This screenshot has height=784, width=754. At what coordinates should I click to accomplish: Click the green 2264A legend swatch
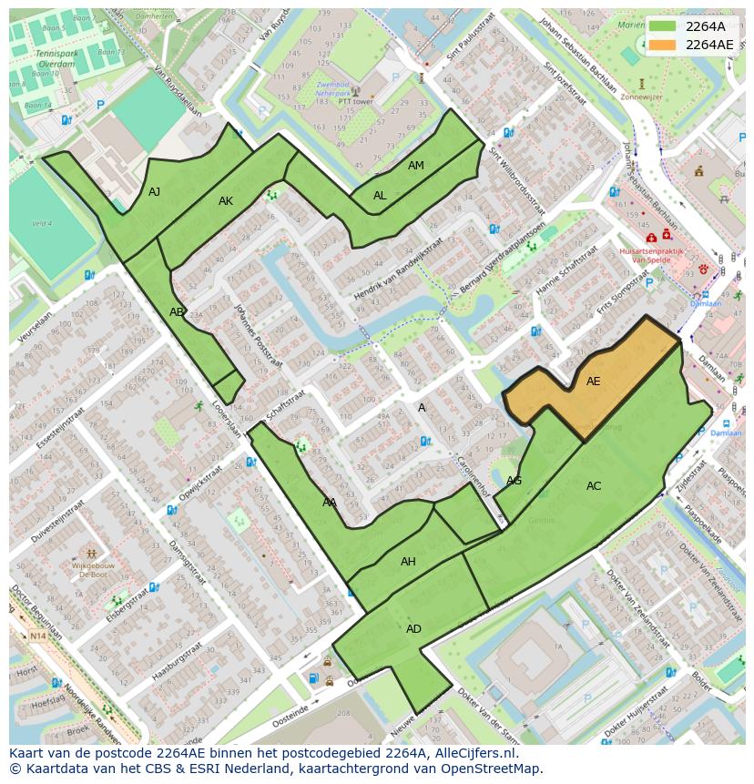pyautogui.click(x=664, y=26)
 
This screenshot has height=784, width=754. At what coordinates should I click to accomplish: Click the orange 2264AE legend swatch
pyautogui.click(x=664, y=45)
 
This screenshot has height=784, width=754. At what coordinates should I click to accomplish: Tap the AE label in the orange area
pyautogui.click(x=593, y=382)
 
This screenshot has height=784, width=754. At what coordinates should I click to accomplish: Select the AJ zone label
pyautogui.click(x=155, y=191)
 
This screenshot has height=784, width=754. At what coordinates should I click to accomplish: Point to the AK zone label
pyautogui.click(x=226, y=200)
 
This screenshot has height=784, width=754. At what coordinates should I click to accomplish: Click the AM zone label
pyautogui.click(x=415, y=166)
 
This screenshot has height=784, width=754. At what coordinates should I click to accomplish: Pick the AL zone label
pyautogui.click(x=380, y=196)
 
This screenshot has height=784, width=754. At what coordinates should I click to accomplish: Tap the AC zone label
pyautogui.click(x=594, y=486)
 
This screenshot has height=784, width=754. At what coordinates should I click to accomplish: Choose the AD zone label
pyautogui.click(x=413, y=629)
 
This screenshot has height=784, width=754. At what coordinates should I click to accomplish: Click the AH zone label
pyautogui.click(x=408, y=562)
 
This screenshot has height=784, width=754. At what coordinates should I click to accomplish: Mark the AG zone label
pyautogui.click(x=514, y=481)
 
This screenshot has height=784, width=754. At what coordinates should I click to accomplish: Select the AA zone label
pyautogui.click(x=330, y=502)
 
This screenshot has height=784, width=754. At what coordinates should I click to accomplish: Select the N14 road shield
pyautogui.click(x=37, y=636)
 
